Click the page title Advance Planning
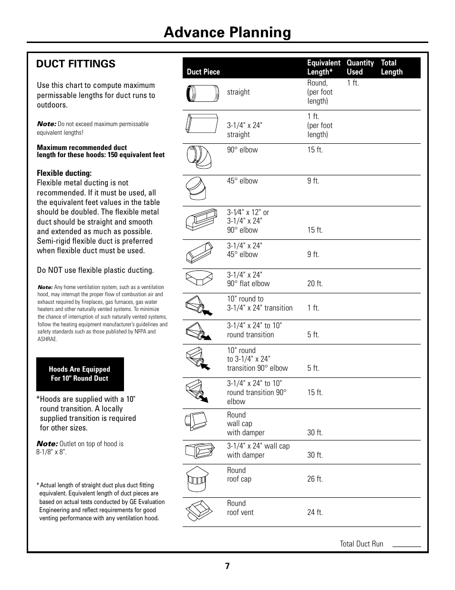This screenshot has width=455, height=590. [x=227, y=32]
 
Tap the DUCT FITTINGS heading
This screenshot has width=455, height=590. [x=76, y=64]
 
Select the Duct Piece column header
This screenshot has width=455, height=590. [x=203, y=72]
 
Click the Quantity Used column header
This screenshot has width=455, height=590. [x=360, y=67]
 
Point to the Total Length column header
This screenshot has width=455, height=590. [x=392, y=67]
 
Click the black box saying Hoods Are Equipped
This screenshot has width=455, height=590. [x=80, y=374]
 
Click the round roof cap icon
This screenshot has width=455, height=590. [x=196, y=480]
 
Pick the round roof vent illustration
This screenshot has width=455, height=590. [x=198, y=512]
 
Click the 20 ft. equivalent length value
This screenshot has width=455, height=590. [x=315, y=284]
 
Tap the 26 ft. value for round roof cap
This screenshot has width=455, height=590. [x=315, y=479]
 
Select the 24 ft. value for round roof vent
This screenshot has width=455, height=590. [x=315, y=513]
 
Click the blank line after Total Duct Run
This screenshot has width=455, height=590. [x=406, y=545]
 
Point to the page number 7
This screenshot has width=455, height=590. [x=227, y=567]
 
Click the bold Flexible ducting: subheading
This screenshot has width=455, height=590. [x=64, y=173]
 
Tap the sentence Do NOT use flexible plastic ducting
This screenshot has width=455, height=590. [x=95, y=270]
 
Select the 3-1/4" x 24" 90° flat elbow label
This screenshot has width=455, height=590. [x=248, y=279]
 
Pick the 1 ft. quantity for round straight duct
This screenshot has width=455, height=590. [x=353, y=83]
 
